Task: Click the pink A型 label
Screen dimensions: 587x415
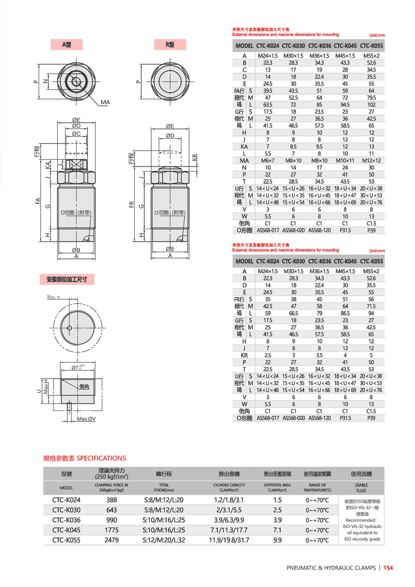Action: click(x=66, y=45)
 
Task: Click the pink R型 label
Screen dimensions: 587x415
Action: click(x=170, y=45)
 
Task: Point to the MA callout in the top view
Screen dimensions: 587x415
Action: click(x=105, y=102)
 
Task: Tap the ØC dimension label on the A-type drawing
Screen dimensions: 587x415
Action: click(x=76, y=134)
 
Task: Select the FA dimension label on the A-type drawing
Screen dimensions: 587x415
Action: click(x=39, y=201)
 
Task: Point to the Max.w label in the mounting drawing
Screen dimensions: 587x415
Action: click(x=54, y=297)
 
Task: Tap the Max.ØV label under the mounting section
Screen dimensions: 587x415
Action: click(x=86, y=419)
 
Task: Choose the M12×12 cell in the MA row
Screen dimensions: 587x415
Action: click(x=371, y=160)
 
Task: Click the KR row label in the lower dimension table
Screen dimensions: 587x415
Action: click(x=244, y=355)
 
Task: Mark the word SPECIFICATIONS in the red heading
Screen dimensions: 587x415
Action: click(x=101, y=458)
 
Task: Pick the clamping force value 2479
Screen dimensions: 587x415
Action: click(x=112, y=540)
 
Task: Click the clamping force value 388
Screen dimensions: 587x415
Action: click(x=112, y=500)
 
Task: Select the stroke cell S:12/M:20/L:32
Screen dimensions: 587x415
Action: click(x=164, y=540)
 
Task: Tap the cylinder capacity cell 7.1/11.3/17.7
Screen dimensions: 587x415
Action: click(x=229, y=530)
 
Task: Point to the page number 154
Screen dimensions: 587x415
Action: click(x=388, y=568)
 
